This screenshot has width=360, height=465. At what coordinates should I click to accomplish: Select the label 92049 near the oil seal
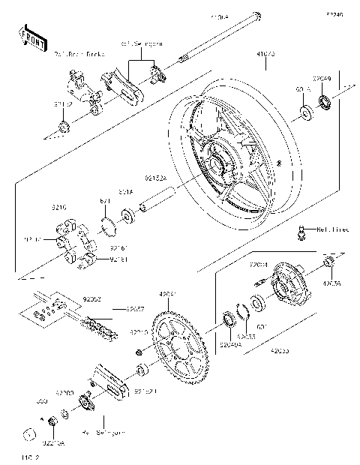tap(322, 77)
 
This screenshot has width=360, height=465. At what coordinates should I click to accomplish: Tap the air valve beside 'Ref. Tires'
tap(302, 233)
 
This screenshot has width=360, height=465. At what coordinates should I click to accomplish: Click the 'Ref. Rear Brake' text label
tap(79, 54)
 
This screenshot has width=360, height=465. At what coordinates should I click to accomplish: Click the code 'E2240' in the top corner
tap(334, 13)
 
